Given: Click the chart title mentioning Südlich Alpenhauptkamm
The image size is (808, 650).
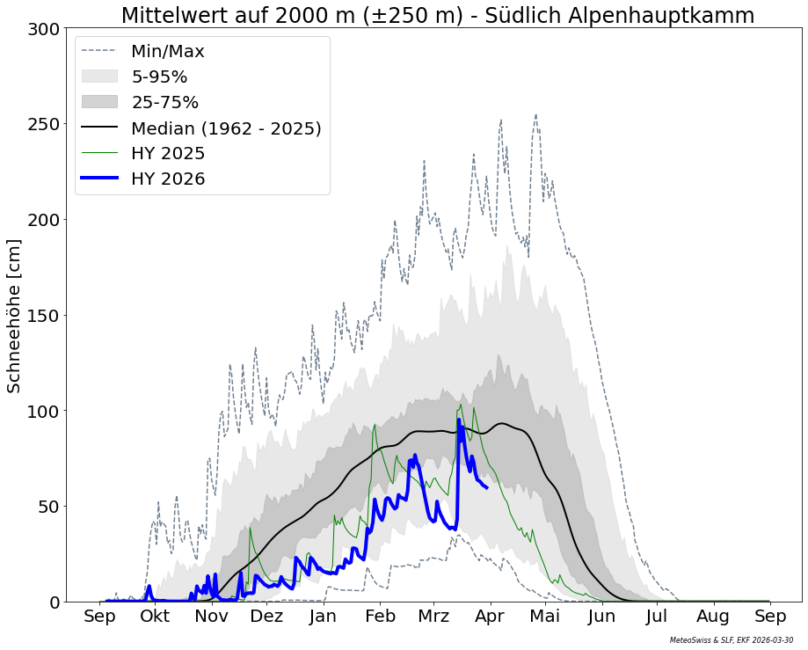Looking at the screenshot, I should [437, 15].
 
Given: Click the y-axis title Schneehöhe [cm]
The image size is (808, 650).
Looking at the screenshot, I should [14, 316].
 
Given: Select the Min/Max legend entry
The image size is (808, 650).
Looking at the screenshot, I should [167, 52].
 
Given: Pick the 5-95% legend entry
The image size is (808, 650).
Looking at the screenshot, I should [159, 77].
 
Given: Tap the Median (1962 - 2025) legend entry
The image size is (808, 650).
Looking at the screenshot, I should [226, 128].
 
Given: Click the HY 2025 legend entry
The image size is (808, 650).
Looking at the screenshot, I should [168, 154].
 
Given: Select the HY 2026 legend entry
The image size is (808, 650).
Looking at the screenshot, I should [168, 179].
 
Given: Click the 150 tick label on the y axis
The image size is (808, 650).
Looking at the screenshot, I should [45, 316].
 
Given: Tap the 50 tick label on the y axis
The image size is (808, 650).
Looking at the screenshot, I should [50, 507].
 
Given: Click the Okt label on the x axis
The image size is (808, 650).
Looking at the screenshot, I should [156, 617].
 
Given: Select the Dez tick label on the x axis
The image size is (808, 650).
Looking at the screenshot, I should [267, 617].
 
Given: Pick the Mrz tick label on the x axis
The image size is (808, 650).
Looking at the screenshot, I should [434, 617].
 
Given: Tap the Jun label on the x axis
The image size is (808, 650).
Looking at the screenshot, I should [602, 617].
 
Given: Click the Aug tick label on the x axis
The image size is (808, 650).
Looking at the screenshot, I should [713, 617].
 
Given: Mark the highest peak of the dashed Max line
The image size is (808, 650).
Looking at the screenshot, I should [535, 114].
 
